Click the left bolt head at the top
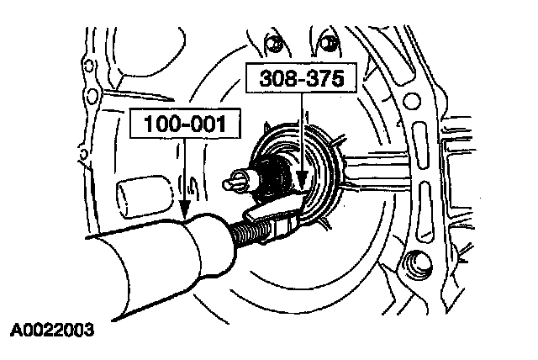pyautogui.click(x=272, y=41)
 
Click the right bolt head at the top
pyautogui.click(x=330, y=40)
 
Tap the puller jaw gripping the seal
pyautogui.click(x=282, y=215)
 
